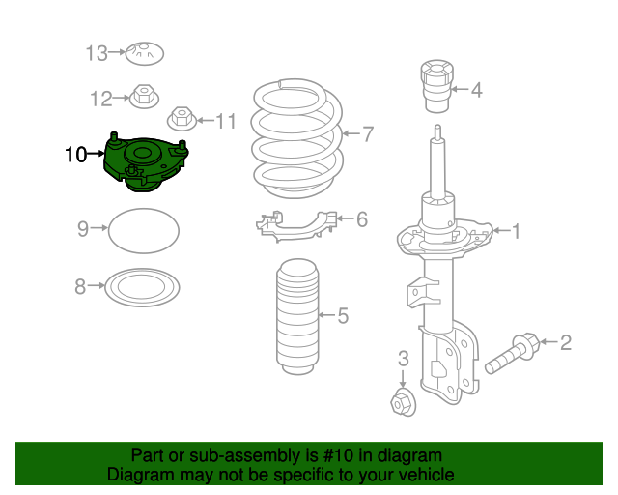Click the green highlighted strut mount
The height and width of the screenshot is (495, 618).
[x=145, y=162]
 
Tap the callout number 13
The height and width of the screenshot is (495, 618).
[x=97, y=53]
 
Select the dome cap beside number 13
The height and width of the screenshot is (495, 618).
[x=144, y=53]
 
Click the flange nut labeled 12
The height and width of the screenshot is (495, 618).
[x=144, y=97]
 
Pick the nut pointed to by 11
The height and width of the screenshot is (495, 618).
[x=183, y=118]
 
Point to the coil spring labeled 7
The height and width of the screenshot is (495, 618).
[x=297, y=138]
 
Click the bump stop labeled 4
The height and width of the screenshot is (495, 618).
[x=437, y=86]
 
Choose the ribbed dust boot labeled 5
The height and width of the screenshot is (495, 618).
[x=297, y=316]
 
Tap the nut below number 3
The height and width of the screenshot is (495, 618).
[x=403, y=402]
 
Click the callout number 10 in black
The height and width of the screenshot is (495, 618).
[x=75, y=155]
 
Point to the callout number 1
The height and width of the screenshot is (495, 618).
[x=516, y=231]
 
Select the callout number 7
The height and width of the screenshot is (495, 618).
[x=368, y=134]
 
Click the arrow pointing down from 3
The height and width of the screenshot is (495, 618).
[x=403, y=378]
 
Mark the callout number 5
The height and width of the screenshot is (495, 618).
[x=343, y=316]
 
